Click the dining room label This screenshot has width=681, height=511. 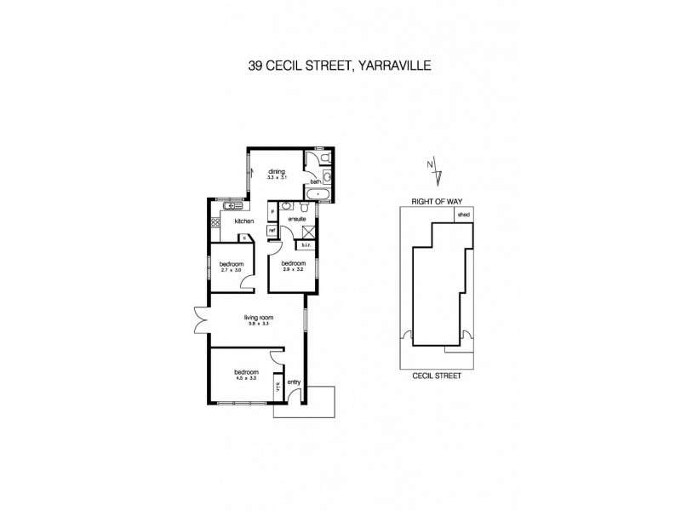click(x=277, y=171)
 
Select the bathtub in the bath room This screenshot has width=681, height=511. click(x=320, y=194)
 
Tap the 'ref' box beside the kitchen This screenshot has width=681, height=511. click(x=272, y=230)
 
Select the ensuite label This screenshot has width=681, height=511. click(x=296, y=219)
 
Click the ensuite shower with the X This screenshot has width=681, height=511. click(x=309, y=231)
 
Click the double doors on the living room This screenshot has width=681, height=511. click(x=200, y=322)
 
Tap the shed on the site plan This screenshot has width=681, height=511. click(x=464, y=216)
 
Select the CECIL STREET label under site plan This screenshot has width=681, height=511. click(x=437, y=374)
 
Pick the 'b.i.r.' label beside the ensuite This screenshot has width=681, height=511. click(x=306, y=245)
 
